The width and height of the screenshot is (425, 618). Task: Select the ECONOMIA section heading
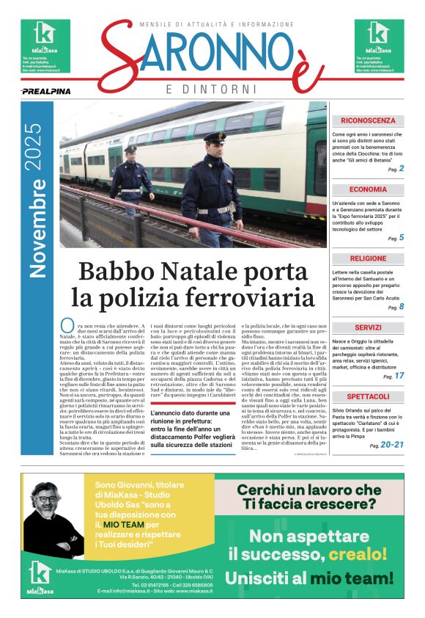(367, 189)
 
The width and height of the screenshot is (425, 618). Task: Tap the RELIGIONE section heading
(367, 258)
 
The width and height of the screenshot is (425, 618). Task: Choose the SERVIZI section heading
(367, 327)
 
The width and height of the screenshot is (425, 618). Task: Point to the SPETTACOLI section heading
(367, 396)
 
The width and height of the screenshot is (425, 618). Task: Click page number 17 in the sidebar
(399, 376)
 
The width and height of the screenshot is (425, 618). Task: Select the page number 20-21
(393, 445)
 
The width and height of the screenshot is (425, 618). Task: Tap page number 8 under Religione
(401, 307)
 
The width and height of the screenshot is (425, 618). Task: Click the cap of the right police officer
(215, 138)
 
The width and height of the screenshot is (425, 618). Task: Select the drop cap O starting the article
(66, 325)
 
